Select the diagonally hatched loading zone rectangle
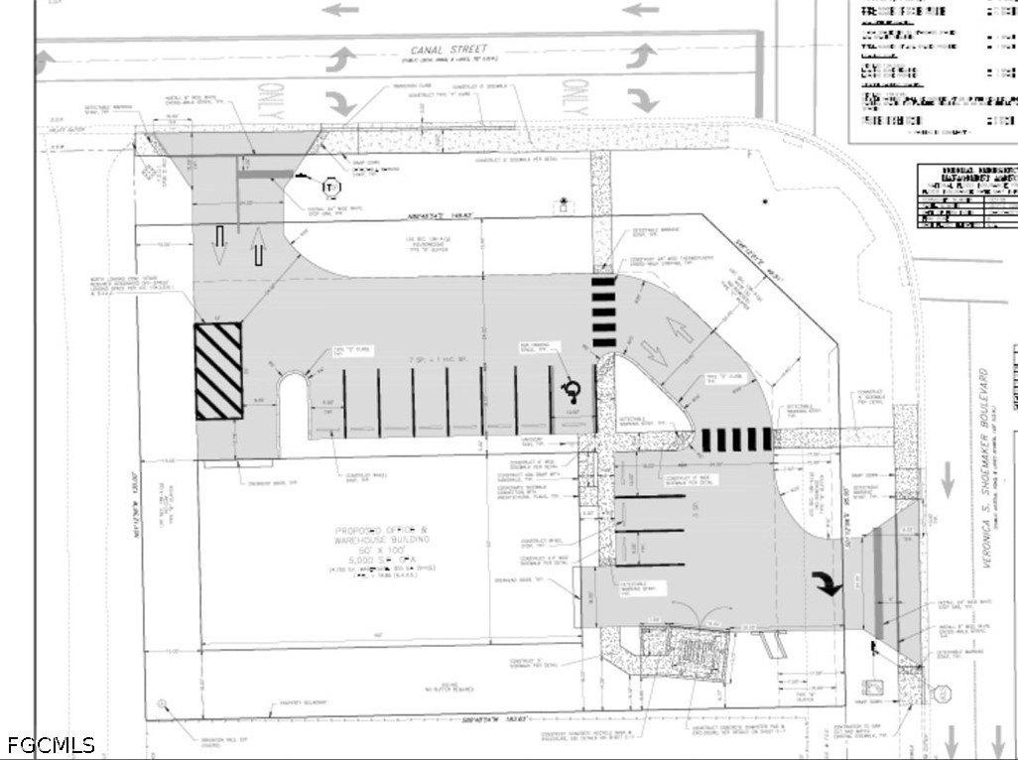coord(218,371)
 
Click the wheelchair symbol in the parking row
coord(572,385)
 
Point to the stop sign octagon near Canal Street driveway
coord(330,186)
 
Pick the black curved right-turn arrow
coord(827,582)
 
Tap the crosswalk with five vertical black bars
coord(736,440)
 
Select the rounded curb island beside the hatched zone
coord(293,414)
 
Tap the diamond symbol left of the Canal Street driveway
coord(151,171)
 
